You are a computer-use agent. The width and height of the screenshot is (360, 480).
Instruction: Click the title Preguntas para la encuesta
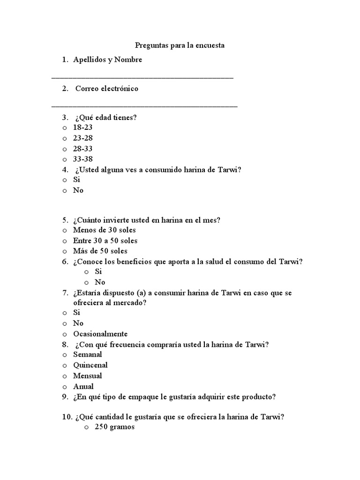(180, 45)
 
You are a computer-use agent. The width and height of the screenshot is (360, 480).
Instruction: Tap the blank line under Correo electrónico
(144, 106)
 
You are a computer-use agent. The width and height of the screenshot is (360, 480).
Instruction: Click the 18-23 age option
(83, 127)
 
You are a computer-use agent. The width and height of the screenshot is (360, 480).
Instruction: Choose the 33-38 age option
(83, 159)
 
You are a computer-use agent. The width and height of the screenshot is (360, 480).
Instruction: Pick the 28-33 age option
(83, 149)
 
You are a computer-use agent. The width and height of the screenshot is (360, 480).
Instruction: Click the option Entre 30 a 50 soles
(105, 240)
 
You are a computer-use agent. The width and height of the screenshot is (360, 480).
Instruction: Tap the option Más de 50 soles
(100, 251)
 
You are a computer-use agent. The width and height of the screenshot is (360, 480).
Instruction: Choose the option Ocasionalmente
(100, 334)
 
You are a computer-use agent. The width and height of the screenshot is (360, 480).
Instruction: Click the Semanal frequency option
(87, 354)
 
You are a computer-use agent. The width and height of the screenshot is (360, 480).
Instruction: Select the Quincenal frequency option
(90, 365)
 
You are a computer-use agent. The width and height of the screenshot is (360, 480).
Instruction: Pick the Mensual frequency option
(87, 375)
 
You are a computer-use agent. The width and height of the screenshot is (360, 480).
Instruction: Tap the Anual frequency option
(83, 386)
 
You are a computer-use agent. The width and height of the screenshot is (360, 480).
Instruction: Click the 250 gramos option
(114, 427)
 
